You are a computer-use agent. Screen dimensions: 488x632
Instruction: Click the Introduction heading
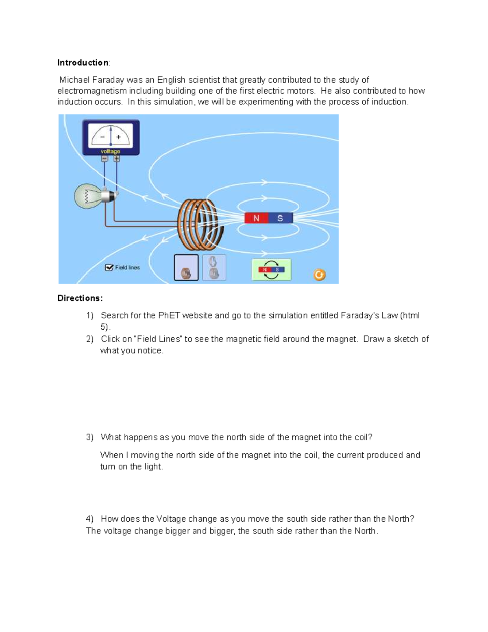pyautogui.click(x=83, y=63)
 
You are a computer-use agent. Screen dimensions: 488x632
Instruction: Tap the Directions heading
pyautogui.click(x=80, y=298)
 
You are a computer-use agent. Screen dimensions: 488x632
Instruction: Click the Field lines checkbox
pyautogui.click(x=109, y=267)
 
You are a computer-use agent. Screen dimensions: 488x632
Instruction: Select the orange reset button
pyautogui.click(x=319, y=275)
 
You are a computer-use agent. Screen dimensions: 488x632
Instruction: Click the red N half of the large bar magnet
pyautogui.click(x=256, y=218)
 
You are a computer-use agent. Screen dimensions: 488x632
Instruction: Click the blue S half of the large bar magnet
pyautogui.click(x=280, y=218)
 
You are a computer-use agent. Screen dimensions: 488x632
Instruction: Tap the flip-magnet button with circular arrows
pyautogui.click(x=271, y=270)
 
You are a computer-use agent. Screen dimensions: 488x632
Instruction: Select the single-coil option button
pyautogui.click(x=186, y=268)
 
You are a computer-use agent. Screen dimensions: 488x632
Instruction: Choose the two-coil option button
pyautogui.click(x=214, y=268)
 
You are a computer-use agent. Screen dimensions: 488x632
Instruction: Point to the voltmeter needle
pyautogui.click(x=111, y=135)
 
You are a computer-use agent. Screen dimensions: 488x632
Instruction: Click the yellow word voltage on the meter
pyautogui.click(x=111, y=151)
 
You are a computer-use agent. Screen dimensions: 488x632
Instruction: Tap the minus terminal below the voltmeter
pyautogui.click(x=105, y=159)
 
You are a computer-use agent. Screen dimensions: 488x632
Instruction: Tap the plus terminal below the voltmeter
pyautogui.click(x=117, y=159)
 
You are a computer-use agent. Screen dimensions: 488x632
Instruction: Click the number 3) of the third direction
pyautogui.click(x=89, y=437)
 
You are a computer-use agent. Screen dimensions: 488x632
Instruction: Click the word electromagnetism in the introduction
pyautogui.click(x=92, y=91)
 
